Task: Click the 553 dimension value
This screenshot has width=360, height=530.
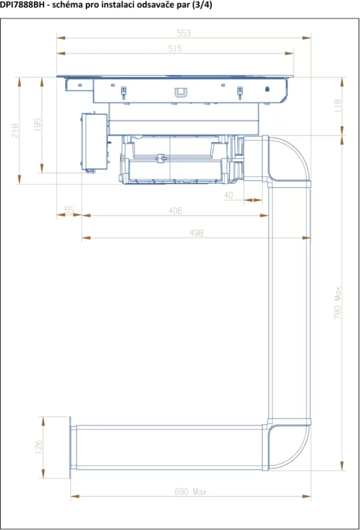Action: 183,33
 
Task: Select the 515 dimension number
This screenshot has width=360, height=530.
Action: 175,48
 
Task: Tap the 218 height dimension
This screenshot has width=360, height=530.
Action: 15,131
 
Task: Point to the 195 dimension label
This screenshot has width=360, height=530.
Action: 38,125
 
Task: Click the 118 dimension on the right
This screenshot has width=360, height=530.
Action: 338,106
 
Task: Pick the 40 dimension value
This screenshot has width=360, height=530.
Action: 229,195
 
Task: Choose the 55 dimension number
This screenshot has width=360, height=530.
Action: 69,210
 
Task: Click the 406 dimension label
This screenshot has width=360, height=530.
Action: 175,211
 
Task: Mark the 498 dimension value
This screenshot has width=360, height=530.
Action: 197,233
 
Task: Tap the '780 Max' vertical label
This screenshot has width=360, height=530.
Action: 338,303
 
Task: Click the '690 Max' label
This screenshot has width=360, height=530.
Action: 191,491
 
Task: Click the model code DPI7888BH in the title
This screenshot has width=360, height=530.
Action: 22,5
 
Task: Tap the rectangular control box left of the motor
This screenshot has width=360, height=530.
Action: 94,142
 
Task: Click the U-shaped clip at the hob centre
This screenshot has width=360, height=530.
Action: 180,93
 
